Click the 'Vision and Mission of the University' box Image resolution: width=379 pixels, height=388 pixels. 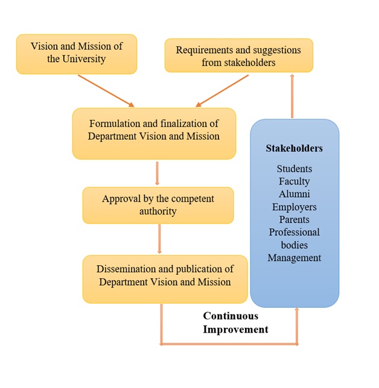(77, 54)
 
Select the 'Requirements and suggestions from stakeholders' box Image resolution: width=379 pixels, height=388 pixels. (239, 55)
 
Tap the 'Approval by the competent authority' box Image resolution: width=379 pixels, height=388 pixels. (158, 205)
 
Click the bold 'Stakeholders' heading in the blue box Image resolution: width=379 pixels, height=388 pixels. (295, 148)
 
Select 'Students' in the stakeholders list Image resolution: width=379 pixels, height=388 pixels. (295, 169)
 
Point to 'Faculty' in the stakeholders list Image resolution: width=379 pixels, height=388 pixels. (295, 181)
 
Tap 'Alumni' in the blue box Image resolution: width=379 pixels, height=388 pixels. (295, 194)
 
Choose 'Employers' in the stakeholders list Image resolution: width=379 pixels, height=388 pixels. (295, 207)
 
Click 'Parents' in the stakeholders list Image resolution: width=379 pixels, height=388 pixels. (295, 219)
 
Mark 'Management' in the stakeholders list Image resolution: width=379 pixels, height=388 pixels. (295, 258)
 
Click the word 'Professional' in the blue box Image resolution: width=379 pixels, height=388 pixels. (295, 232)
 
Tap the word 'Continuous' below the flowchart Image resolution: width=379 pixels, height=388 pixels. (231, 316)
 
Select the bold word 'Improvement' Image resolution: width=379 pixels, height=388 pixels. (235, 330)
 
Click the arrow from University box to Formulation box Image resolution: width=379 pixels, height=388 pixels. (106, 91)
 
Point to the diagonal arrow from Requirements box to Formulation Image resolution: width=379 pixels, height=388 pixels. (222, 91)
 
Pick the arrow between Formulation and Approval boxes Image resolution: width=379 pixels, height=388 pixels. (157, 174)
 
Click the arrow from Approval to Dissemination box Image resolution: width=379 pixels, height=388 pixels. (159, 239)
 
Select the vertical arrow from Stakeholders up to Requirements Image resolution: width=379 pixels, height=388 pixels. (292, 96)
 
